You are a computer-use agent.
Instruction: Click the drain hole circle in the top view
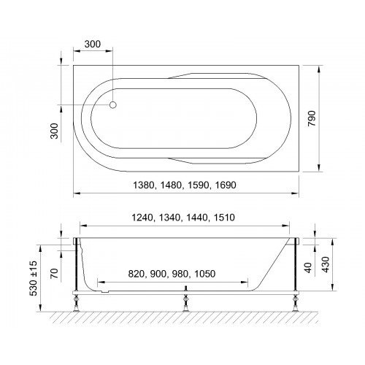[113, 105]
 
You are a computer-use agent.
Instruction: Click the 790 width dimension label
[312, 118]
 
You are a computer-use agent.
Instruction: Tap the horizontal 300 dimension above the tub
[93, 45]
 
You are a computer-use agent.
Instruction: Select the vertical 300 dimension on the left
[54, 131]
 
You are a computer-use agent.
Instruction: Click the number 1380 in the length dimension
[144, 185]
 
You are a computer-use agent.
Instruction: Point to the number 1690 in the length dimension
[226, 185]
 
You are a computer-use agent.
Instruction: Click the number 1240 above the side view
[142, 218]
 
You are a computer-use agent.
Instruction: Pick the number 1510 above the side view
[224, 218]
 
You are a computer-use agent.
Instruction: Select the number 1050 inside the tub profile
[205, 274]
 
